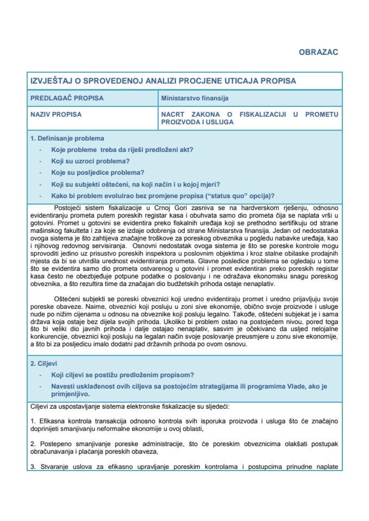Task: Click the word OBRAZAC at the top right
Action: (x=318, y=52)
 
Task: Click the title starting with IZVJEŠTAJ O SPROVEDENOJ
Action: (x=163, y=81)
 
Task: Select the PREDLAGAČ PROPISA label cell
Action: (x=66, y=98)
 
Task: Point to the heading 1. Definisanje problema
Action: (x=67, y=138)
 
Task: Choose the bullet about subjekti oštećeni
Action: (x=135, y=184)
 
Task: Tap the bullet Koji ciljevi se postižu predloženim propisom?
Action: (x=122, y=374)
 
